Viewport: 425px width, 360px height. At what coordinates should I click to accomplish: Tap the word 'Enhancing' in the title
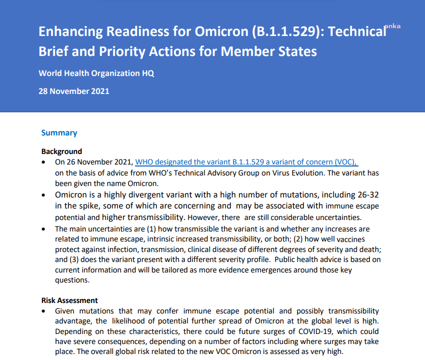tap(71, 31)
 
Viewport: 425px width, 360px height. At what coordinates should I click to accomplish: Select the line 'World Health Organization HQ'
tap(96, 73)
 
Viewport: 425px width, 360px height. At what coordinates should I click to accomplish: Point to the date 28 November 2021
tap(74, 91)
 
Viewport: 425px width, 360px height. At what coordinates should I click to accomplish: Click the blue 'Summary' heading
tap(59, 132)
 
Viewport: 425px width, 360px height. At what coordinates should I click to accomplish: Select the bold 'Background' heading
tap(61, 151)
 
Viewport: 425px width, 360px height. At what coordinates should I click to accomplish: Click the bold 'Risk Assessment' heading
tap(69, 300)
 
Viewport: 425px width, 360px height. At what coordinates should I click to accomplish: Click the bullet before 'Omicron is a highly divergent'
tap(45, 195)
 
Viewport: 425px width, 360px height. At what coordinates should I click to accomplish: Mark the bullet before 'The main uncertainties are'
tap(45, 229)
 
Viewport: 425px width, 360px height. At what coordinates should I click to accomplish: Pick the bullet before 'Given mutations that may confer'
tap(45, 311)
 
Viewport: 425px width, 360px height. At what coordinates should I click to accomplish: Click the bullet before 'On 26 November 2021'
tap(45, 162)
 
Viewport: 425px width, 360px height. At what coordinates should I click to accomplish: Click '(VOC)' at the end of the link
tap(345, 162)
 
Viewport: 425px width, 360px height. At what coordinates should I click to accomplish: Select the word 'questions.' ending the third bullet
tap(71, 280)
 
